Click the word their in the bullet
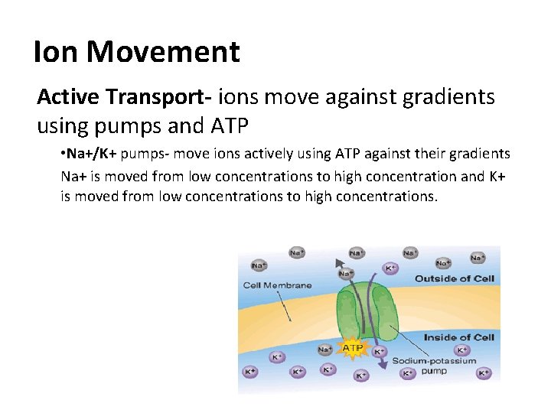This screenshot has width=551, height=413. click(437, 154)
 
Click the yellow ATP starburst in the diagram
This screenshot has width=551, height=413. click(353, 348)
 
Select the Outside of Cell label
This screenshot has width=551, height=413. click(454, 278)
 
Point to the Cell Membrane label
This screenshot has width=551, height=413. click(277, 285)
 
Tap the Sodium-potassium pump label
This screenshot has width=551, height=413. click(434, 366)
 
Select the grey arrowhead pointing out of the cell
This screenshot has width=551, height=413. click(340, 263)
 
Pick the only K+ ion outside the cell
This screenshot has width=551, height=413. click(390, 268)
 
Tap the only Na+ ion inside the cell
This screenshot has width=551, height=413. click(325, 350)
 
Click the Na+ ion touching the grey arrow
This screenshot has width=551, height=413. click(346, 273)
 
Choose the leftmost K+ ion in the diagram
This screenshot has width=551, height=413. click(249, 372)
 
